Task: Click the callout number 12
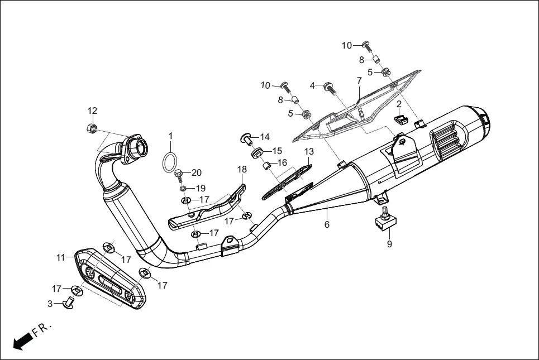[x=92, y=111]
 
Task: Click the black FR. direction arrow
[x=22, y=340]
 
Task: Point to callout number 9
[x=389, y=244]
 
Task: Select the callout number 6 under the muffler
[x=327, y=224]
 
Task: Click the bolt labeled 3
[x=69, y=303]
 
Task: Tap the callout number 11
[x=60, y=257]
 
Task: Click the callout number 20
[x=197, y=172]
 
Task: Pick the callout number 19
[x=200, y=188]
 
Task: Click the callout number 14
[x=264, y=137]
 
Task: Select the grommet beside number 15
[x=258, y=152]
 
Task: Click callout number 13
[x=309, y=151]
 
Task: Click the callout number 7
[x=359, y=81]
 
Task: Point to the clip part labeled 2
[x=400, y=118]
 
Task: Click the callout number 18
[x=241, y=169]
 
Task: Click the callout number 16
[x=282, y=162]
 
